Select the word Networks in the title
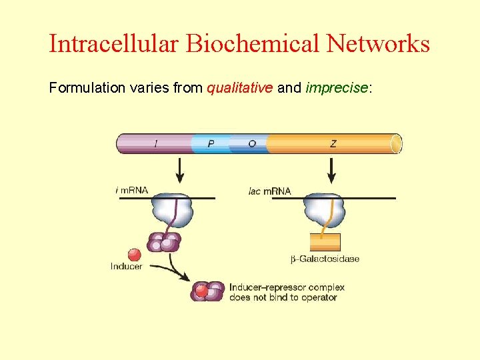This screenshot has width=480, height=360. [378, 44]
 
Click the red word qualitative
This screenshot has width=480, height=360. [240, 87]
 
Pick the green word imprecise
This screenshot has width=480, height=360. [337, 87]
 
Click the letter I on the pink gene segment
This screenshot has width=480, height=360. [156, 144]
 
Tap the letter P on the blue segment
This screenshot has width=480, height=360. [211, 144]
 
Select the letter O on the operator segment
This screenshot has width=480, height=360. [251, 144]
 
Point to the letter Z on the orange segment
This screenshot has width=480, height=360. [333, 144]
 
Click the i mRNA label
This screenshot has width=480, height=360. [132, 191]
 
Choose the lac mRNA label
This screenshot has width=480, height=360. [269, 191]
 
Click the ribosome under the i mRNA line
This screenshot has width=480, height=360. [173, 211]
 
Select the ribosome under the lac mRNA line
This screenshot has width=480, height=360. [325, 211]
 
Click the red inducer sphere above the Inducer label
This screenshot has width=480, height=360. [134, 255]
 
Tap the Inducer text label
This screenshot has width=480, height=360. [127, 267]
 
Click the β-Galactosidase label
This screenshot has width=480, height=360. [325, 259]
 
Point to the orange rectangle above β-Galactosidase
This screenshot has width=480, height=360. [325, 241]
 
